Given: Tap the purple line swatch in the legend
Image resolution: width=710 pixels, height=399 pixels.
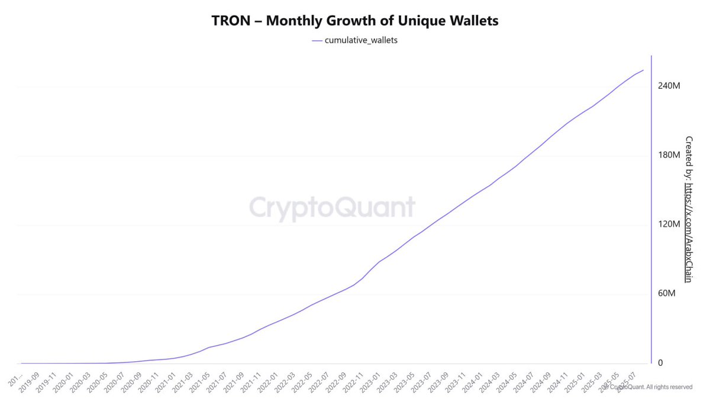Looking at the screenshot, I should coord(317,40).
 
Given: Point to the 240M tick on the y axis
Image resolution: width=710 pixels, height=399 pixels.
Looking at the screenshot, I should coord(669,86).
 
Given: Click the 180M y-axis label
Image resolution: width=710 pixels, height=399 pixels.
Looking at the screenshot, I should coord(669,155).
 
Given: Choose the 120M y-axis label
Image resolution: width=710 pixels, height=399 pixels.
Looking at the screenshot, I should coord(669,224).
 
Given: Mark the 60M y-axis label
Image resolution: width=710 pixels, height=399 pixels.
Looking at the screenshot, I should coord(667,294).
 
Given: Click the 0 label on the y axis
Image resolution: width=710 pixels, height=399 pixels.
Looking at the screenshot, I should coord(661,363).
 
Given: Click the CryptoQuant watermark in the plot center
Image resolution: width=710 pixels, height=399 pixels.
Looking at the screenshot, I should coord(332,208).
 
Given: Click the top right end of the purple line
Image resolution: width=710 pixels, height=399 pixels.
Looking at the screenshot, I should coord(643,70).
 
